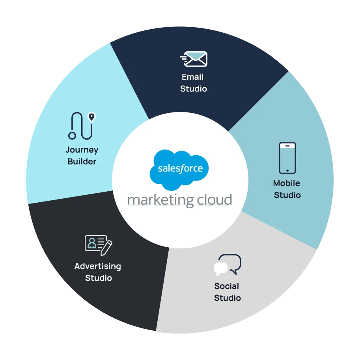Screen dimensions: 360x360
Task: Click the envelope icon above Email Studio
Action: point(194,59)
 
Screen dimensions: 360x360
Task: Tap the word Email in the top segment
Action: point(193,77)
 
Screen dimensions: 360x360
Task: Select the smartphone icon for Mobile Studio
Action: point(287,158)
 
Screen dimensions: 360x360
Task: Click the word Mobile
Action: point(287,183)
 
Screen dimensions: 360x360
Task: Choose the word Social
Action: point(227,286)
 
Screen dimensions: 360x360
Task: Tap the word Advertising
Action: point(98,266)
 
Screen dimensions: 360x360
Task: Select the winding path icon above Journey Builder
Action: point(82,126)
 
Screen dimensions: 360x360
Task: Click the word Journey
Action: point(82,150)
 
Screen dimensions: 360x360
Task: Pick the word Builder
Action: point(82,162)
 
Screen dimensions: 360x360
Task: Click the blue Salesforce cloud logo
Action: point(180,168)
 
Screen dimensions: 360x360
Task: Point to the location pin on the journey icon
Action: point(91,116)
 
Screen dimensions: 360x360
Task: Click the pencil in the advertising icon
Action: point(106,248)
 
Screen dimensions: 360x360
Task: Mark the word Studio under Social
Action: point(228,298)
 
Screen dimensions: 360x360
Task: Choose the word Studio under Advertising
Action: point(99,278)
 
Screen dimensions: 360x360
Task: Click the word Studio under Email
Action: point(194,89)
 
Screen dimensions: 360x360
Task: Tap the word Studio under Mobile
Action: point(287,195)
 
